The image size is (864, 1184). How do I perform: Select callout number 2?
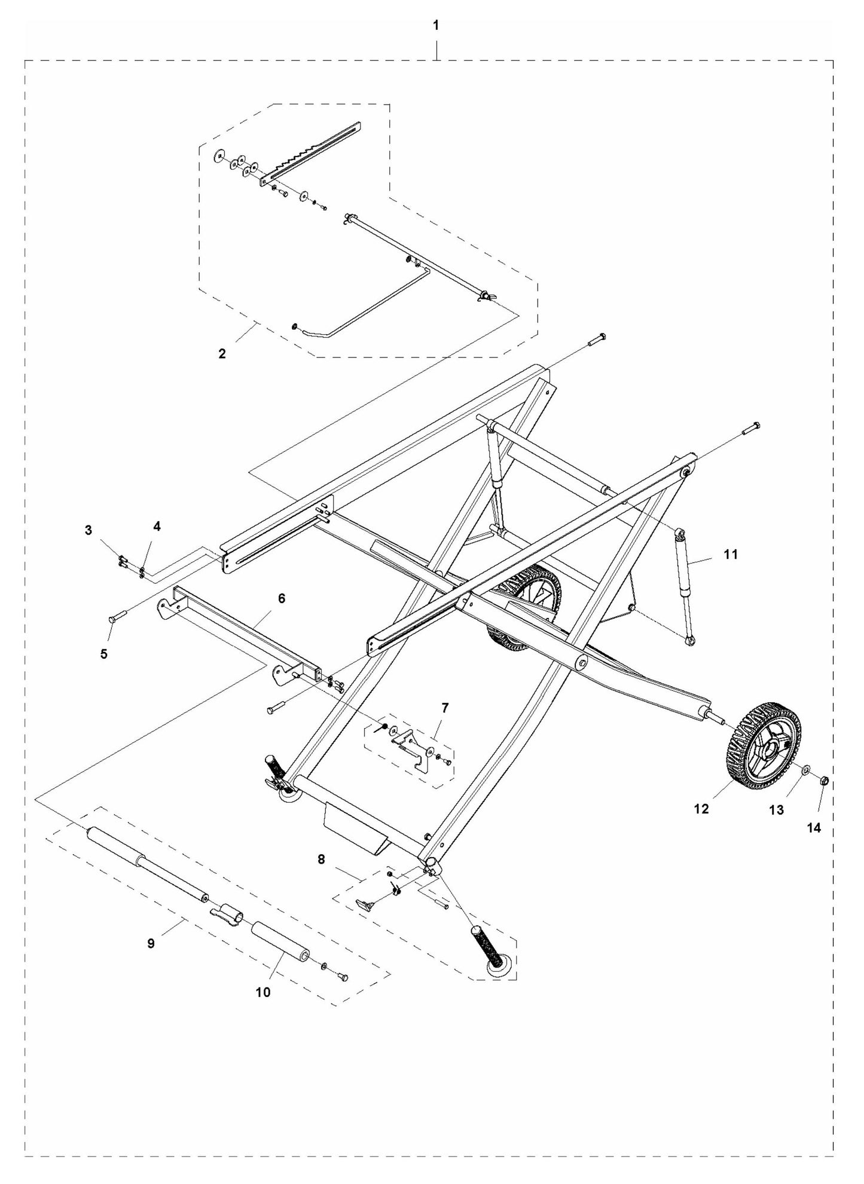click(222, 353)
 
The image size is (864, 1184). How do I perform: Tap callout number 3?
click(88, 530)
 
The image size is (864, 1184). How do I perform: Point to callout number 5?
click(104, 654)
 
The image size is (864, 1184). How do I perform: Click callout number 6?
click(282, 598)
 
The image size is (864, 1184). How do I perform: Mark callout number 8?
click(321, 859)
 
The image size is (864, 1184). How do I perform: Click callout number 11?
click(731, 554)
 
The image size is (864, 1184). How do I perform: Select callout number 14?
click(814, 828)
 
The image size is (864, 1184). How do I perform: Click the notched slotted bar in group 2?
click(311, 155)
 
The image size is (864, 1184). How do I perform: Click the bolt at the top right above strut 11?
click(751, 427)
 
